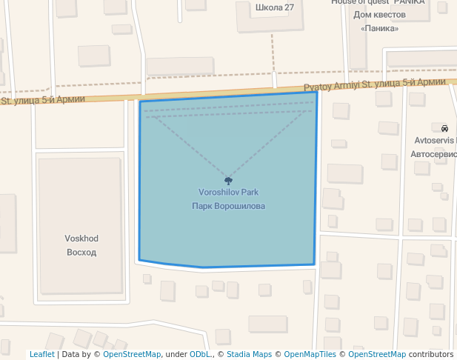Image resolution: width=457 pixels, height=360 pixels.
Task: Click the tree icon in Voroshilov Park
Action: (228, 180)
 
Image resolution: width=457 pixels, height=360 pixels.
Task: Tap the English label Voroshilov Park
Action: (228, 193)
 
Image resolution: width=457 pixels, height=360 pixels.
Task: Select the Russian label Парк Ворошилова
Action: (228, 206)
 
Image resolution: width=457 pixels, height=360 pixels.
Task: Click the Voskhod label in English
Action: (81, 239)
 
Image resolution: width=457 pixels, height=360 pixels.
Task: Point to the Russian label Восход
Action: (81, 252)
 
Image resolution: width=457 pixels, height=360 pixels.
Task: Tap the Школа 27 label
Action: (274, 7)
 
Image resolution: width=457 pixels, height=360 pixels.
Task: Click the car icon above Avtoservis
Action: (444, 127)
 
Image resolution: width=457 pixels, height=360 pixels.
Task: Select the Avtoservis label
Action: (436, 140)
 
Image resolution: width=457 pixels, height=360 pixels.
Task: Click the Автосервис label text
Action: (434, 155)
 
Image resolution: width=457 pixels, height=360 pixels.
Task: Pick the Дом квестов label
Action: (380, 15)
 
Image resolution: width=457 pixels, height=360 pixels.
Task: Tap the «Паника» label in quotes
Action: (380, 28)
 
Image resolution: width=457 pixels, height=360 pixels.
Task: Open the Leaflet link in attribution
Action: (41, 354)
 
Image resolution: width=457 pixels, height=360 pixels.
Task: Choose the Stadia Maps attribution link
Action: (249, 354)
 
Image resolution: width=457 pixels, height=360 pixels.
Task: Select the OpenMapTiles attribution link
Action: (310, 354)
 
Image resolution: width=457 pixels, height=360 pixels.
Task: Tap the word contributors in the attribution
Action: (431, 354)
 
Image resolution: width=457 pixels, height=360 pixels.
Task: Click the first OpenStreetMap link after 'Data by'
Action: (132, 354)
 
